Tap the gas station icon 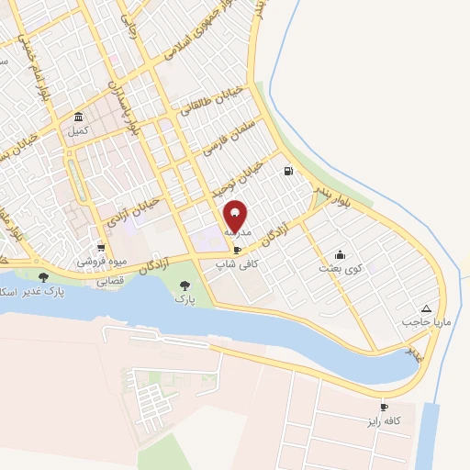[289, 171]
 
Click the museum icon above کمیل [78, 117]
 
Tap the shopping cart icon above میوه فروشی [101, 248]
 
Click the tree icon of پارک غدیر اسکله [43, 276]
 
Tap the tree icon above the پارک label [185, 285]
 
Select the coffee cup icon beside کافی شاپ [238, 250]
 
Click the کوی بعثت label [336, 268]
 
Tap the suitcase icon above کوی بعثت [340, 254]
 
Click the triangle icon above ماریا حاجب [425, 309]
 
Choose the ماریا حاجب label [421, 323]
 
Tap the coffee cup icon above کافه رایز [384, 407]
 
